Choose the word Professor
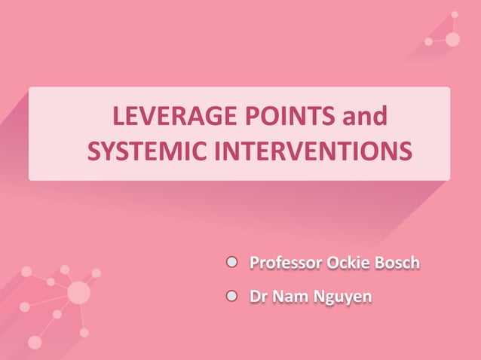pyautogui.click(x=286, y=264)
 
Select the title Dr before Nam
pyautogui.click(x=258, y=297)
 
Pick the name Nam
pyautogui.click(x=289, y=297)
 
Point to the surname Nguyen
pyautogui.click(x=342, y=298)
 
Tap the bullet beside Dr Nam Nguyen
pyautogui.click(x=233, y=297)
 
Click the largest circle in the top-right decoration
pyautogui.click(x=452, y=39)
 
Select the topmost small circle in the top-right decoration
pyautogui.click(x=454, y=14)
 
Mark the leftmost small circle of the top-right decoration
pyautogui.click(x=428, y=41)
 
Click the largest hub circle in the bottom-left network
pyautogui.click(x=78, y=292)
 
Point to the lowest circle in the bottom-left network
pyautogui.click(x=35, y=342)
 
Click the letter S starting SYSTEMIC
pyautogui.click(x=94, y=151)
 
